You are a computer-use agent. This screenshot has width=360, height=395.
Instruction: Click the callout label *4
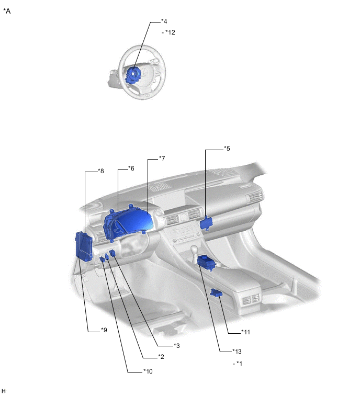tap(164, 21)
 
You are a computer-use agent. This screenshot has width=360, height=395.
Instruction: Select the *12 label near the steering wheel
tap(170, 32)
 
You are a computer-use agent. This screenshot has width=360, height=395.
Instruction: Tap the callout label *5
tap(227, 149)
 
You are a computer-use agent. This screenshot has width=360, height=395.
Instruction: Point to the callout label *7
tap(162, 159)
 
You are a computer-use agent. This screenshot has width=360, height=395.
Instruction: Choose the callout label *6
tap(131, 168)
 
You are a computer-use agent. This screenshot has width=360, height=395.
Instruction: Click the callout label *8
tap(101, 171)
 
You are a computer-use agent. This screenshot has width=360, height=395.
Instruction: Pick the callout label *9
tap(104, 330)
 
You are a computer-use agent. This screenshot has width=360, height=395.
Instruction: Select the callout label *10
tap(148, 371)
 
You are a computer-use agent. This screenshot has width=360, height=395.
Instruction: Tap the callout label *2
tap(161, 357)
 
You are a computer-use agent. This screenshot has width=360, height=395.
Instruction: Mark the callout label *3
tap(177, 346)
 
